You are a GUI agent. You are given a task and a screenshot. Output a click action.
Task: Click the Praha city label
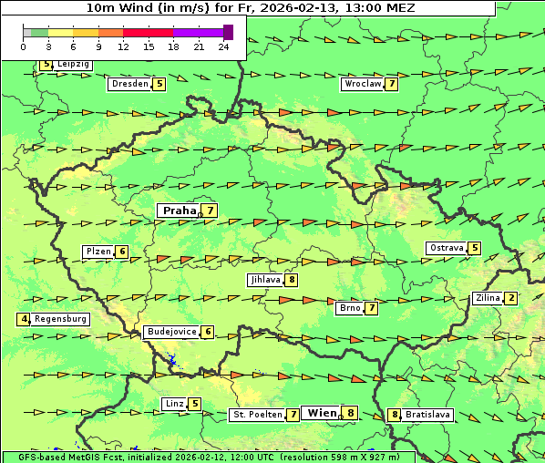(x=179, y=211)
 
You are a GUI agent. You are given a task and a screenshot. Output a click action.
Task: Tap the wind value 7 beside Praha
(x=211, y=211)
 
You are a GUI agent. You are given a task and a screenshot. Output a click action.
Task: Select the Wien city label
(x=322, y=413)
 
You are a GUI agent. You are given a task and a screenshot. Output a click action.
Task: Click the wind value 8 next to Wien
(x=350, y=413)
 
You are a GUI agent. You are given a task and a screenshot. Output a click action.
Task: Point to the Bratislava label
(x=427, y=415)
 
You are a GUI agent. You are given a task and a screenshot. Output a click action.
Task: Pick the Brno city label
(x=349, y=308)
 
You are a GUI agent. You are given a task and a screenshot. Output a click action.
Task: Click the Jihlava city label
(x=264, y=280)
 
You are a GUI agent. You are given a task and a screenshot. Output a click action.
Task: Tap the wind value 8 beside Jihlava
(x=291, y=280)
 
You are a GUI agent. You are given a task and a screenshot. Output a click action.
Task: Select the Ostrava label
(x=446, y=248)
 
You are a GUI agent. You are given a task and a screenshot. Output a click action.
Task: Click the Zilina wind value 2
(x=511, y=298)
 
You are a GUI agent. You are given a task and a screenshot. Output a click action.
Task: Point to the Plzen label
(x=98, y=252)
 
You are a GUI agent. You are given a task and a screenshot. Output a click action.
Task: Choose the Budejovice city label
(x=171, y=332)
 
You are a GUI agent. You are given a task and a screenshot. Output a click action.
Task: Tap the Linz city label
(x=174, y=404)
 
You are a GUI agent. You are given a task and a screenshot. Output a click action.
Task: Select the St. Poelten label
(x=256, y=415)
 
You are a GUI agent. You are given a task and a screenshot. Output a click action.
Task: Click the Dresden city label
(x=129, y=84)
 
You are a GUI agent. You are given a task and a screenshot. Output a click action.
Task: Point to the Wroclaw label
(x=362, y=84)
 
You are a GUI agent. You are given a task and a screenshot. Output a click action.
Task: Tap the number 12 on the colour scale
(x=122, y=46)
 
